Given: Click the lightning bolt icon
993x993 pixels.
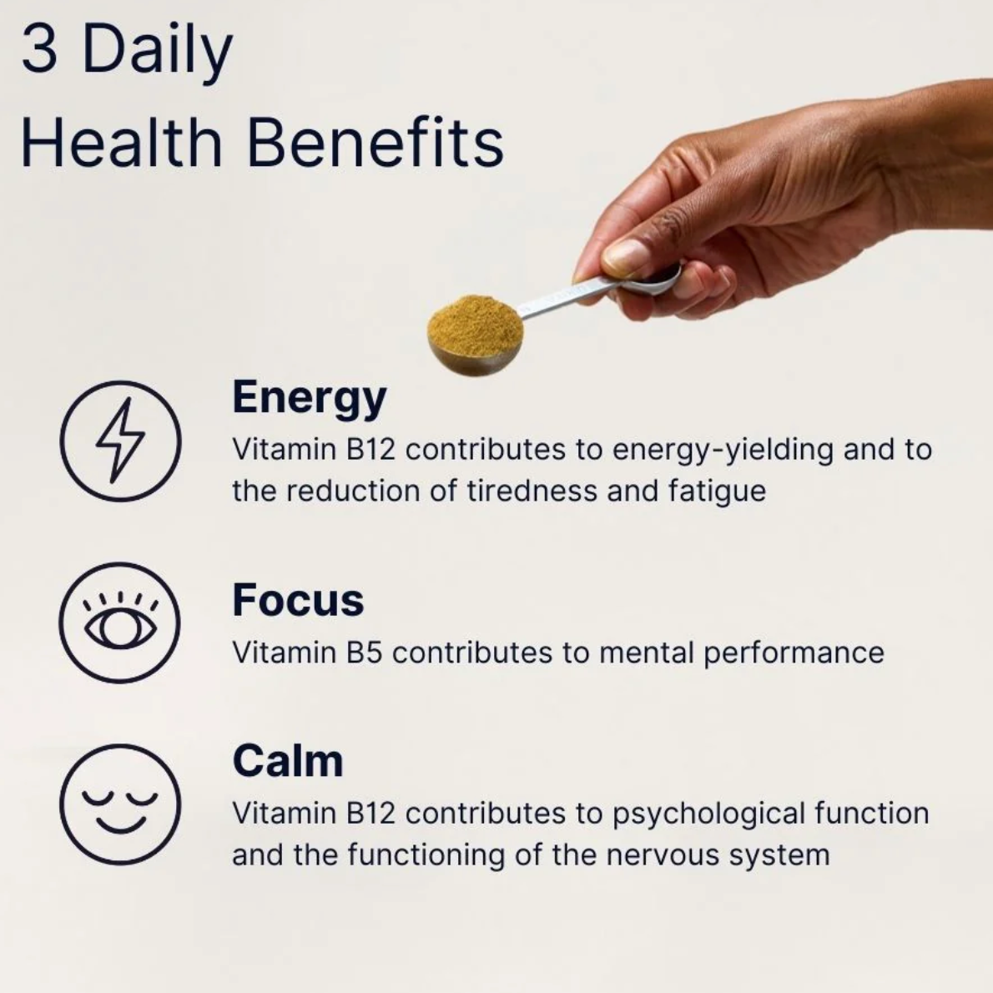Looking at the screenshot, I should pos(120,440).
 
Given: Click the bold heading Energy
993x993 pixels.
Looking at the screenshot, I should pos(309,398).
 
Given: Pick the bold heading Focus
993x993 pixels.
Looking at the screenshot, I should pos(298,600).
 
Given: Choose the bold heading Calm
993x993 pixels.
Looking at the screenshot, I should pos(287,761).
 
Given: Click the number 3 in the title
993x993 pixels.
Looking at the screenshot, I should pos(39,51).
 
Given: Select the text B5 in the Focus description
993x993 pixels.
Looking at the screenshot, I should pos(364,652).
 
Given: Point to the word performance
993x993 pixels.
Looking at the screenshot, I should pos(794,652).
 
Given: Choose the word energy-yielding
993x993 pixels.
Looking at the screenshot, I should pos(723,450).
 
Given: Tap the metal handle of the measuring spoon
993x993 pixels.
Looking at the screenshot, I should pos(567,295).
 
